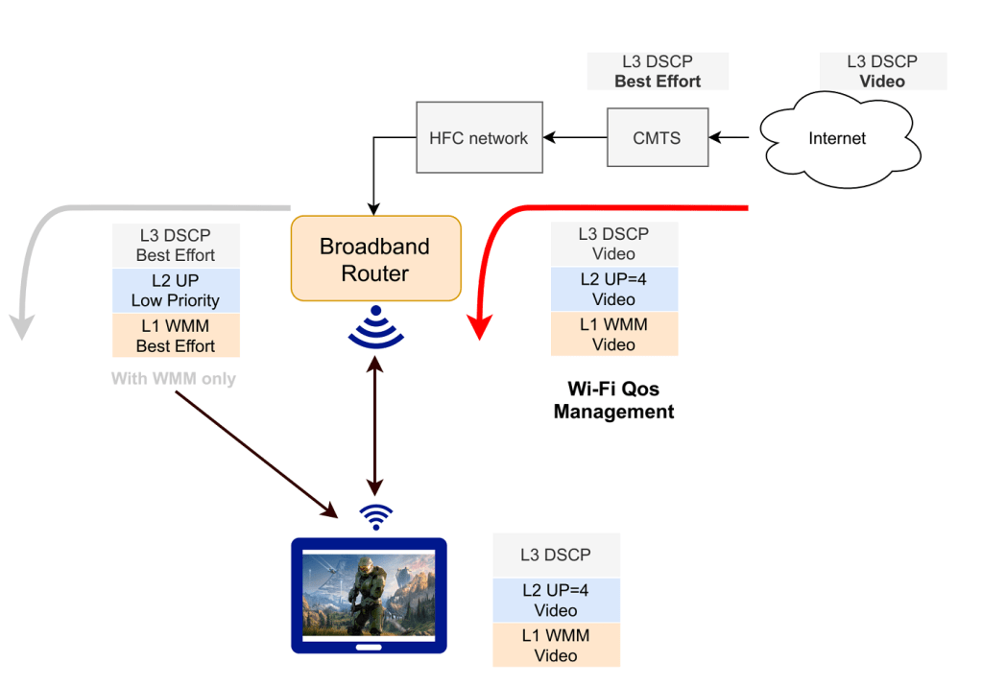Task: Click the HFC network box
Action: point(478,138)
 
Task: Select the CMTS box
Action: point(657,138)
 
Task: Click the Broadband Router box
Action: point(375,259)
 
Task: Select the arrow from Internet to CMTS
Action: point(732,138)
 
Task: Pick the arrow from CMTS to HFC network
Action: point(574,138)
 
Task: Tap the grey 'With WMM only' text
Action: point(174,379)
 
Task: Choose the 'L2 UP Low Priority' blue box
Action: point(176,290)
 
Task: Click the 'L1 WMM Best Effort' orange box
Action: point(176,335)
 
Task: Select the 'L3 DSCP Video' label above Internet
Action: point(882,72)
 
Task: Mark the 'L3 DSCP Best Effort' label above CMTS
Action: point(658,72)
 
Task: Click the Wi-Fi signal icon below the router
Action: point(375,326)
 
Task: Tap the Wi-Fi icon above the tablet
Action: point(375,516)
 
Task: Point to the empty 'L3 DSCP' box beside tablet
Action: point(556,556)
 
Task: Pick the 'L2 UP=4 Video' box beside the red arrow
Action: point(613,290)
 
